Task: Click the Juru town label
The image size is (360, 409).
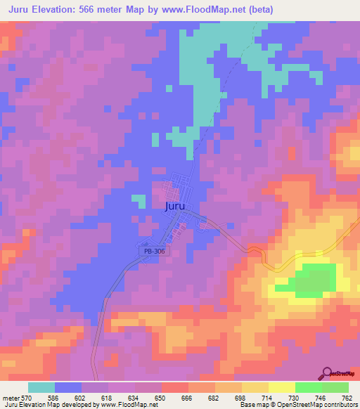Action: [175, 207]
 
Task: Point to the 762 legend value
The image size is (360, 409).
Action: [348, 398]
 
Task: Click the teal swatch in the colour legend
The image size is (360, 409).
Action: [41, 387]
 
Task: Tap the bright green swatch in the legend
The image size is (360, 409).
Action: [308, 387]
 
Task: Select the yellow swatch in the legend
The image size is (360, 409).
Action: [255, 387]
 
